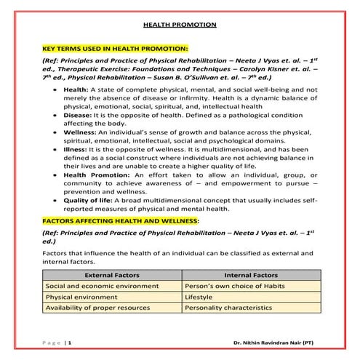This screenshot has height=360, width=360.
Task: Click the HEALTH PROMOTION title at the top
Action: pyautogui.click(x=180, y=25)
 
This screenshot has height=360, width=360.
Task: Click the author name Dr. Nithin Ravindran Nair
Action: pyautogui.click(x=274, y=341)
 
